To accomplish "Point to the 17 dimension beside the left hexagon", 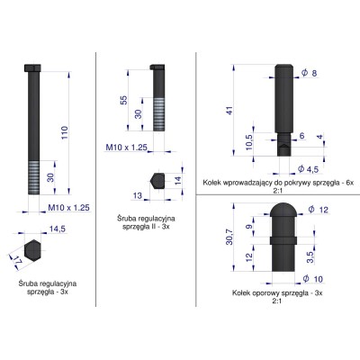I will (x=17, y=263).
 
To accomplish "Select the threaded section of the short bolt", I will (x=157, y=115).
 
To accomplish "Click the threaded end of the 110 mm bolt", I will (x=36, y=176).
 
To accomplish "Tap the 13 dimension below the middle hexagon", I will (x=139, y=194).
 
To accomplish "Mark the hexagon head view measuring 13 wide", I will (x=156, y=180).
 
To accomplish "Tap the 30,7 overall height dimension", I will (x=230, y=237).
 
